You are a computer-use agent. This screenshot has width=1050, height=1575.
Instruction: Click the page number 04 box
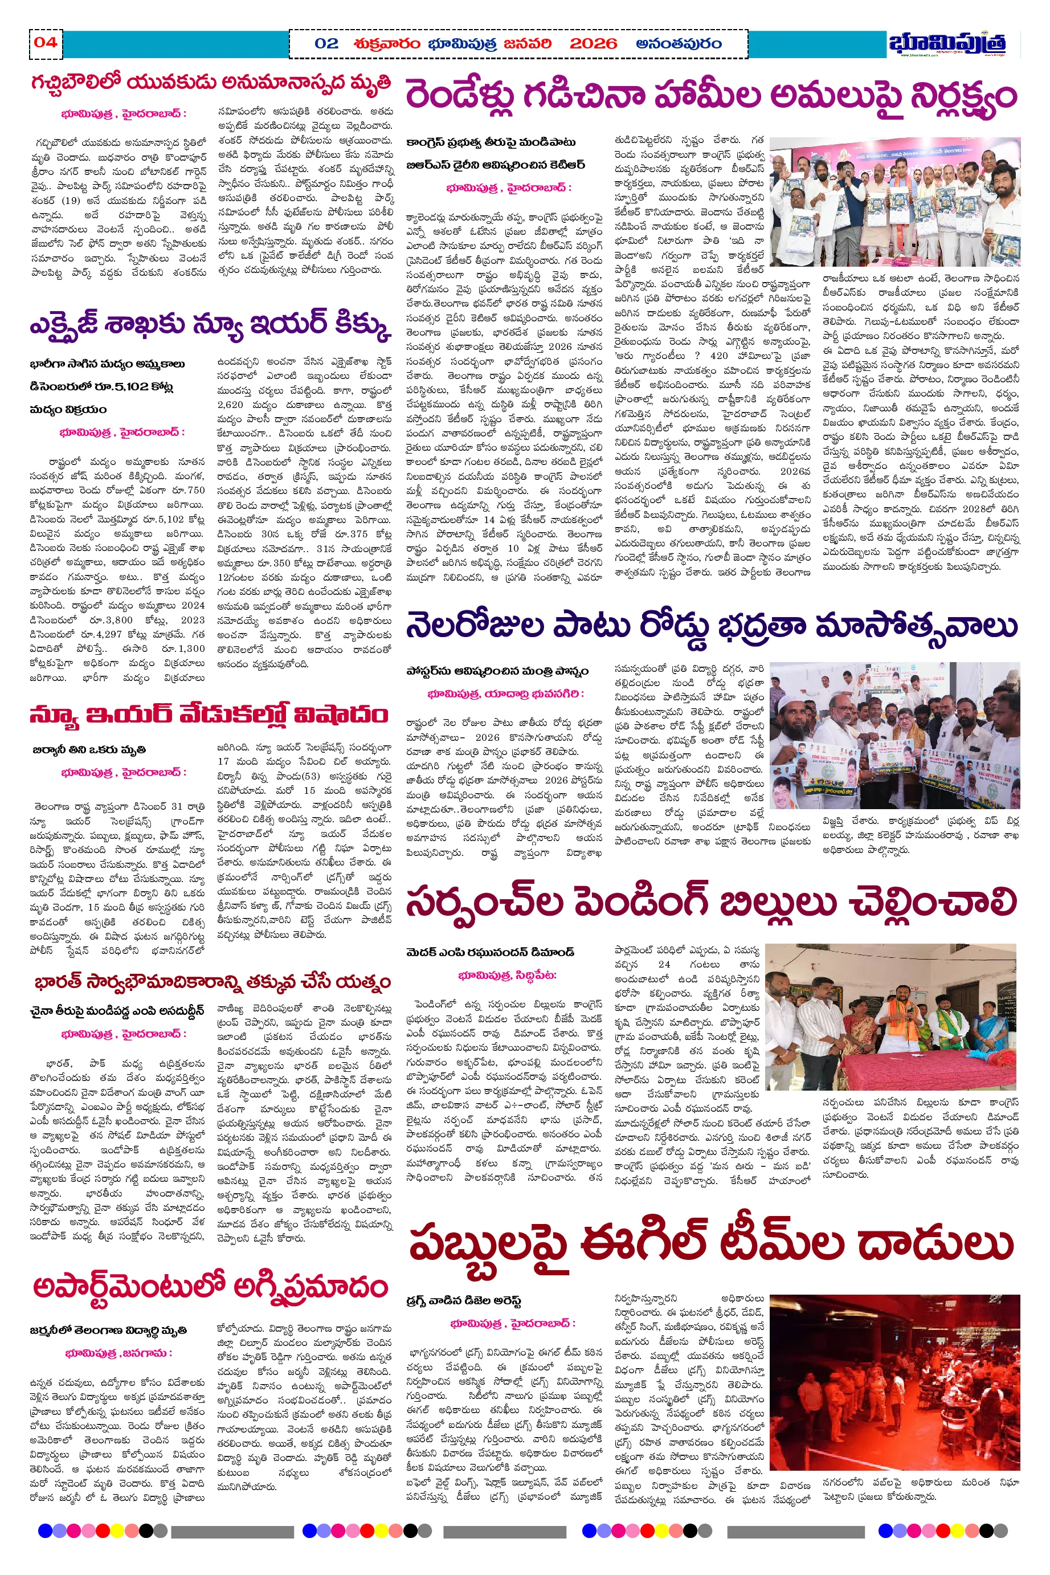[x=46, y=43]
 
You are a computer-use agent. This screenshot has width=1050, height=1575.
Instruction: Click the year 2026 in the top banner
[x=593, y=44]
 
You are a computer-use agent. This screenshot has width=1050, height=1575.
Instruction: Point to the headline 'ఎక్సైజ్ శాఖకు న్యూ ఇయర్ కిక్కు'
[x=210, y=326]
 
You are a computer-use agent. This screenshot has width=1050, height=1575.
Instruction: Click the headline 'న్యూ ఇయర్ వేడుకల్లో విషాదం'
[x=209, y=716]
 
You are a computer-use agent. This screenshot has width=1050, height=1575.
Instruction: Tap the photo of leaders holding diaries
[x=894, y=202]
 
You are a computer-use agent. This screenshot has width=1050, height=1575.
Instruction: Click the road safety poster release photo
[x=894, y=735]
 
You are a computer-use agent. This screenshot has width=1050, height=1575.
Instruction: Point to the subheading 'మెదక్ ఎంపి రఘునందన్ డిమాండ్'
[x=489, y=952]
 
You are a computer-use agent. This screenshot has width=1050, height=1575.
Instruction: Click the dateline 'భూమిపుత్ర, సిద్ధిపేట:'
[x=507, y=975]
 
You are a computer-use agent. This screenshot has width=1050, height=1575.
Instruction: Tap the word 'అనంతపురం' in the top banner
[x=679, y=44]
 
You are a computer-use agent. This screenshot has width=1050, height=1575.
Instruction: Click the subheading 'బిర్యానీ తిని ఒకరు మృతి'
[x=89, y=749]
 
